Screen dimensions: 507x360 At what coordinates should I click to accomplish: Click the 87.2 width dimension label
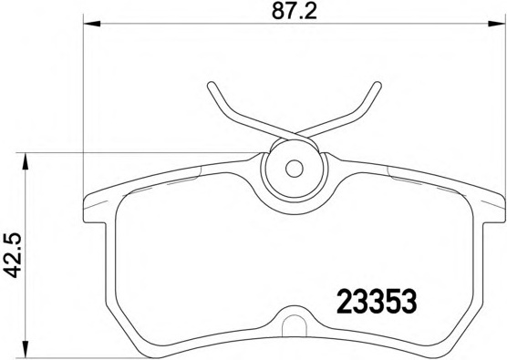click(x=294, y=11)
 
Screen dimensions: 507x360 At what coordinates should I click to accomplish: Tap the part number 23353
click(x=377, y=302)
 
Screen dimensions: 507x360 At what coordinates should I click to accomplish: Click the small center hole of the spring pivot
click(x=295, y=169)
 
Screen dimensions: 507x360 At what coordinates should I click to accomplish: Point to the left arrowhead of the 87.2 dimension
click(x=92, y=24)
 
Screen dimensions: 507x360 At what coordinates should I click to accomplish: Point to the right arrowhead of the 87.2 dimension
click(x=496, y=24)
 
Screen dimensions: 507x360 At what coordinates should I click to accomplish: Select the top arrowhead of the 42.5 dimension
click(x=25, y=161)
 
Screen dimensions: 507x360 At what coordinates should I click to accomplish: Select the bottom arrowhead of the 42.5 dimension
click(x=25, y=349)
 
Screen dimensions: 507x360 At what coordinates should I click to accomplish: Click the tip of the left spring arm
click(x=211, y=85)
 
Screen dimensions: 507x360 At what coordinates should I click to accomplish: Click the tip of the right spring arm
click(x=378, y=85)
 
